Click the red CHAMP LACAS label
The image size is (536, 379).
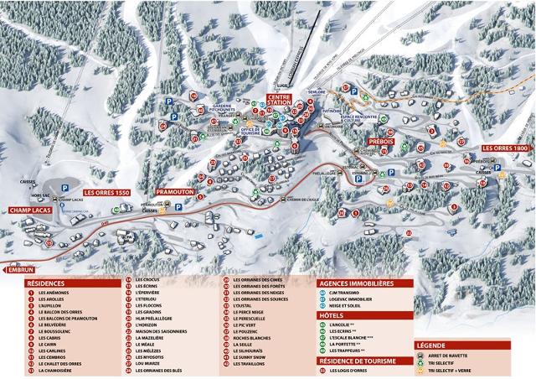tap(31, 210)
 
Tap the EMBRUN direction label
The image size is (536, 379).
tap(18, 271)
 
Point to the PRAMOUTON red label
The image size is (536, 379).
tap(175, 192)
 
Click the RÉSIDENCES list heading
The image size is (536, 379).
tap(49, 283)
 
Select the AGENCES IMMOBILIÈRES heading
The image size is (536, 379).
tap(355, 283)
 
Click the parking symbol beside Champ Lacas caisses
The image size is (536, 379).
tap(57, 189)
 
